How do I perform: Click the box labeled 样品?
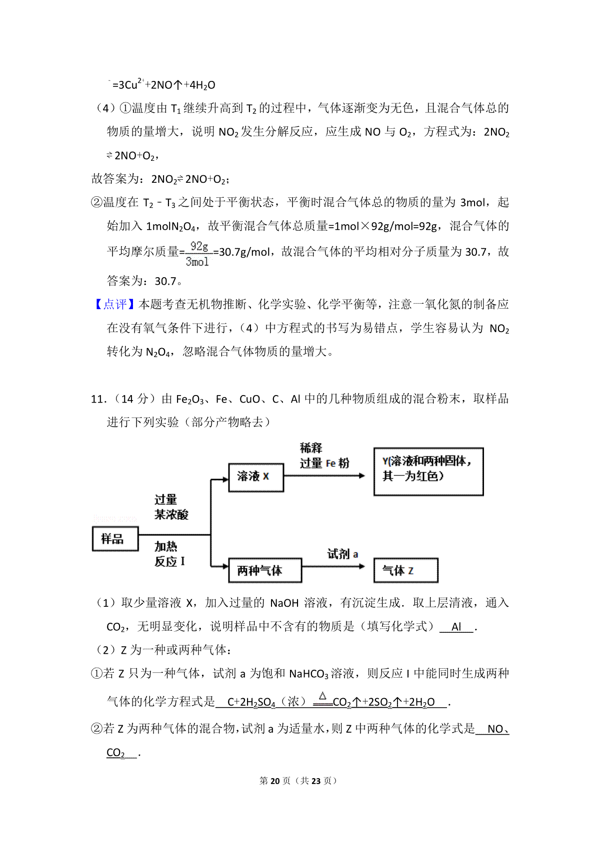(x=115, y=539)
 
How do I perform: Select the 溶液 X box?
(x=255, y=477)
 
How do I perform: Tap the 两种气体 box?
(x=264, y=570)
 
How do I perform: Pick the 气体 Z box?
(x=405, y=570)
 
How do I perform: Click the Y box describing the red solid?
(x=428, y=471)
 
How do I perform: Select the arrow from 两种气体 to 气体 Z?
(x=333, y=566)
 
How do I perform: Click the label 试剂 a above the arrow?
(x=342, y=554)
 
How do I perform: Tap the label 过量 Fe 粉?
(x=324, y=463)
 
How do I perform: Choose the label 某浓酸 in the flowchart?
(x=171, y=514)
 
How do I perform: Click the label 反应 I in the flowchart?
(x=169, y=561)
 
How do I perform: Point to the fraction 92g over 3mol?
(x=198, y=254)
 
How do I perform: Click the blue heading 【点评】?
(x=114, y=304)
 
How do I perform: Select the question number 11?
(x=98, y=399)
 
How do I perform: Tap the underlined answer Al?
(x=456, y=627)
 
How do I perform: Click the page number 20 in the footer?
(x=275, y=781)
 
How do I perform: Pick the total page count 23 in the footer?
(x=315, y=781)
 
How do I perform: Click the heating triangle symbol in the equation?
(x=322, y=695)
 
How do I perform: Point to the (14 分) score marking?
(x=134, y=399)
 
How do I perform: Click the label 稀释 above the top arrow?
(x=311, y=448)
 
